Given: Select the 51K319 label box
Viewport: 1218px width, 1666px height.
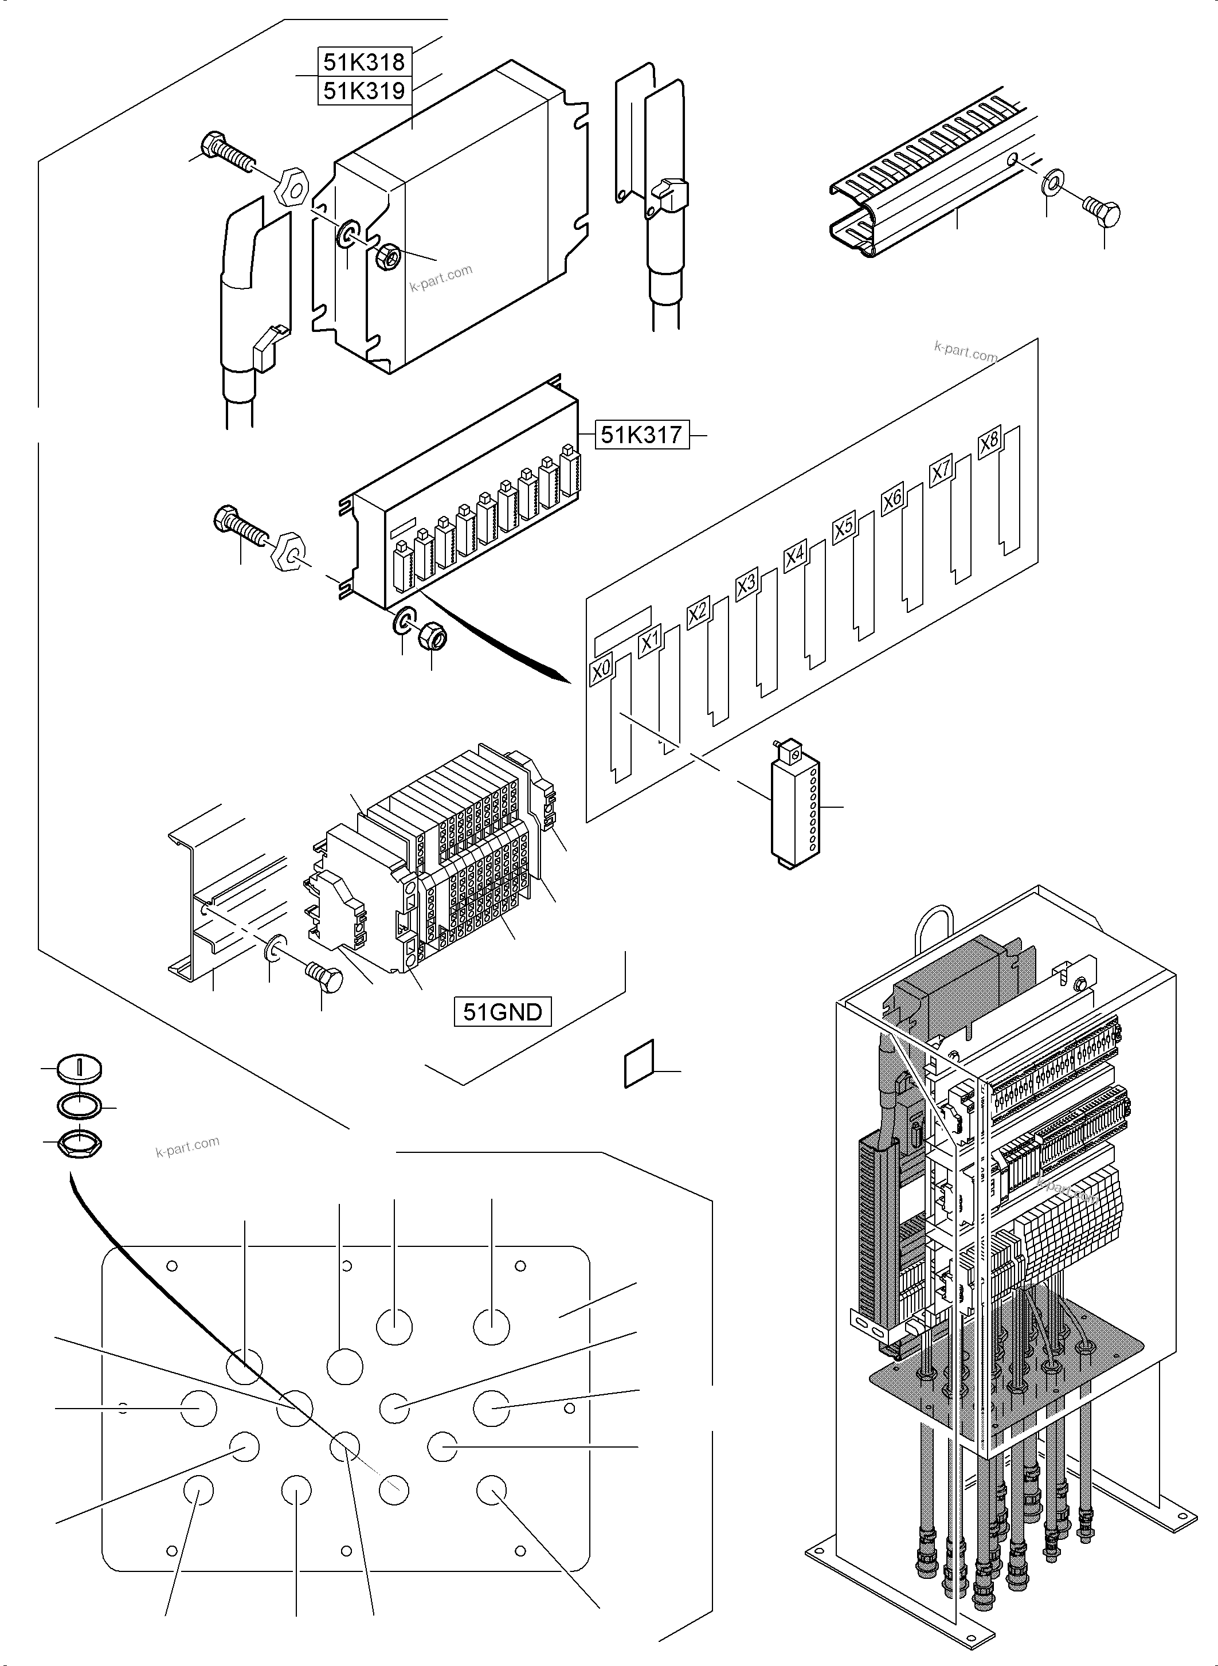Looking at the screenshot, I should pos(364,91).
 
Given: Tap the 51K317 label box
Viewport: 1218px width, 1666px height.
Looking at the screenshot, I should pos(641,435).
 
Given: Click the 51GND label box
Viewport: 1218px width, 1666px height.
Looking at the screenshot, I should pos(502,1011).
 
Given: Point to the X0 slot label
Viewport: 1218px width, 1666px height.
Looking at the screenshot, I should pos(601,670).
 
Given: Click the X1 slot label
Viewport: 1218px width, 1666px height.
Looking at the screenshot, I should pos(649,642).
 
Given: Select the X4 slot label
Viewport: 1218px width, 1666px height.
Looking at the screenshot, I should pos(795,556).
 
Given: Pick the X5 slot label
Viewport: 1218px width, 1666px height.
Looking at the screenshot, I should pos(844,527).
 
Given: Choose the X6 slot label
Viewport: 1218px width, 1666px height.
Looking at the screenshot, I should pos(892,499).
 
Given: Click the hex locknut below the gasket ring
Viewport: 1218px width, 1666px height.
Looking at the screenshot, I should pos(79,1145).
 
